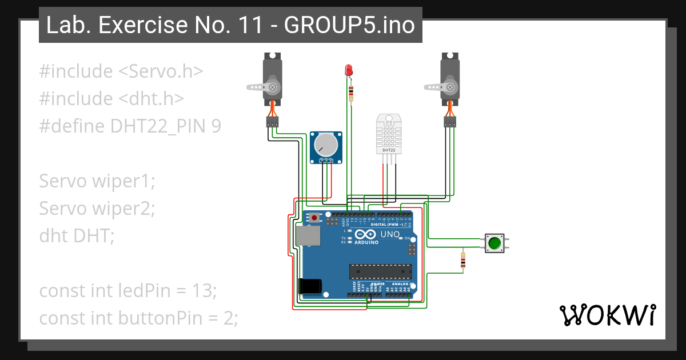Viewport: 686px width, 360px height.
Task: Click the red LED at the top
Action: (348, 70)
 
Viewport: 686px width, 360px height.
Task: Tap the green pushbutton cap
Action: (494, 243)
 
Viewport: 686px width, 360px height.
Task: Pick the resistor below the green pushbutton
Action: (462, 260)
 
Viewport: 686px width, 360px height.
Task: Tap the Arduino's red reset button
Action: (314, 217)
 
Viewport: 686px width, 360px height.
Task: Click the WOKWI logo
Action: (607, 315)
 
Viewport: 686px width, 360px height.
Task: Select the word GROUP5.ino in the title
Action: (349, 25)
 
